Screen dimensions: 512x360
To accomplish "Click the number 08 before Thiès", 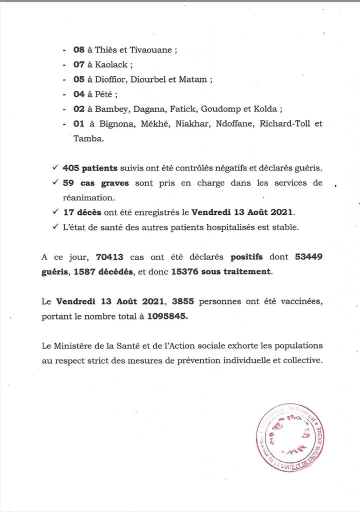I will click(x=79, y=50).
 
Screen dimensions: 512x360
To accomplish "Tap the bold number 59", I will click(x=68, y=183).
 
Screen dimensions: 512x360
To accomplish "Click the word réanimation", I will click(x=88, y=198).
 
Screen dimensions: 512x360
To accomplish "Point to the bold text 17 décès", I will click(x=82, y=212).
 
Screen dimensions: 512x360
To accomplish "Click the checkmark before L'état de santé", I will click(x=55, y=227).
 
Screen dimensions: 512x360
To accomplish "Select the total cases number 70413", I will click(x=109, y=257).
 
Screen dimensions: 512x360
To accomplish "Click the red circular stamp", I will click(x=290, y=437).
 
